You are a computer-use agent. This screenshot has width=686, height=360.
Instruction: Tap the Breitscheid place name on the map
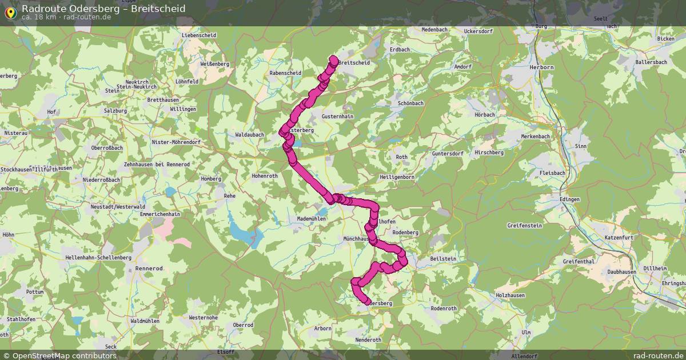point(354,63)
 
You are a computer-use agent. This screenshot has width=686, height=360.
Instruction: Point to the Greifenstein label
point(524,226)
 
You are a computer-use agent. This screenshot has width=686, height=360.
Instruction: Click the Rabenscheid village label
point(285,73)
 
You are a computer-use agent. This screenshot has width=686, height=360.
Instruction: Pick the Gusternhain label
point(338,116)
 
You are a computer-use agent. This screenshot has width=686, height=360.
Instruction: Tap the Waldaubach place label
point(249,135)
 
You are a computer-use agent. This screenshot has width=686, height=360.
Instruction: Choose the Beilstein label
point(442,259)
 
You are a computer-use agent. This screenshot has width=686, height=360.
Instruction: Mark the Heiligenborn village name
point(397,177)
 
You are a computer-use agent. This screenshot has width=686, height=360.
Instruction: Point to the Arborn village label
point(323,329)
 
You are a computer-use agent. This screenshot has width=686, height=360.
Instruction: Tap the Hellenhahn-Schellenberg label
point(98,258)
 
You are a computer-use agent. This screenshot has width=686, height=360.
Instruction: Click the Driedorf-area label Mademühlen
point(312,219)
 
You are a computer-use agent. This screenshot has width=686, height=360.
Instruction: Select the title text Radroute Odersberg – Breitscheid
point(103,9)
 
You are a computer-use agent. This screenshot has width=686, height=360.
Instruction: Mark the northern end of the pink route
point(334,58)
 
